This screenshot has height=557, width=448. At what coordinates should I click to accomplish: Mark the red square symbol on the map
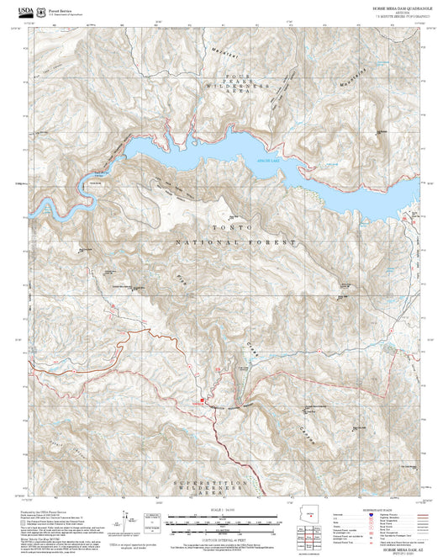click(202, 401)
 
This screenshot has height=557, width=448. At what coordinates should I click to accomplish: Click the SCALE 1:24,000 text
click(224, 510)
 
